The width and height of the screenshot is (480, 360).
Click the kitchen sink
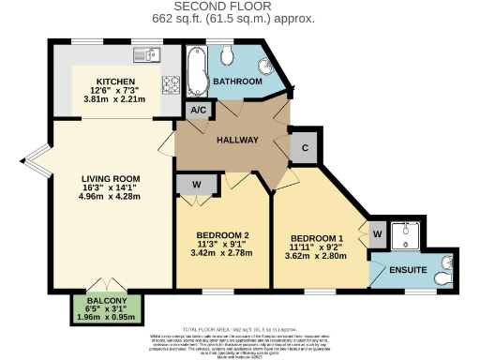tap(146, 53)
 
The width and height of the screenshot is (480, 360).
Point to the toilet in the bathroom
tap(226, 56)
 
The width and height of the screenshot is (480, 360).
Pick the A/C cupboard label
tap(198, 110)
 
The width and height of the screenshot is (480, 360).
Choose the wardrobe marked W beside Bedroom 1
tap(376, 232)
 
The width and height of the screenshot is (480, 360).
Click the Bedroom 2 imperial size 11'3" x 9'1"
tap(221, 244)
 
